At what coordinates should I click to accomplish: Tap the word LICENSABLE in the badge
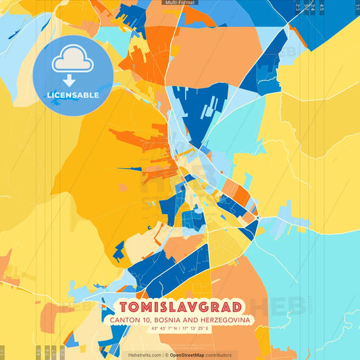pos(73,95)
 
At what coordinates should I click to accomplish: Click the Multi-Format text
pos(180,3)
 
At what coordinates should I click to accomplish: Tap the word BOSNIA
pos(175,319)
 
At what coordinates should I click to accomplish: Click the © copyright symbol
pos(166,355)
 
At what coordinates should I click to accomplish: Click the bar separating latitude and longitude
pos(180,329)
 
